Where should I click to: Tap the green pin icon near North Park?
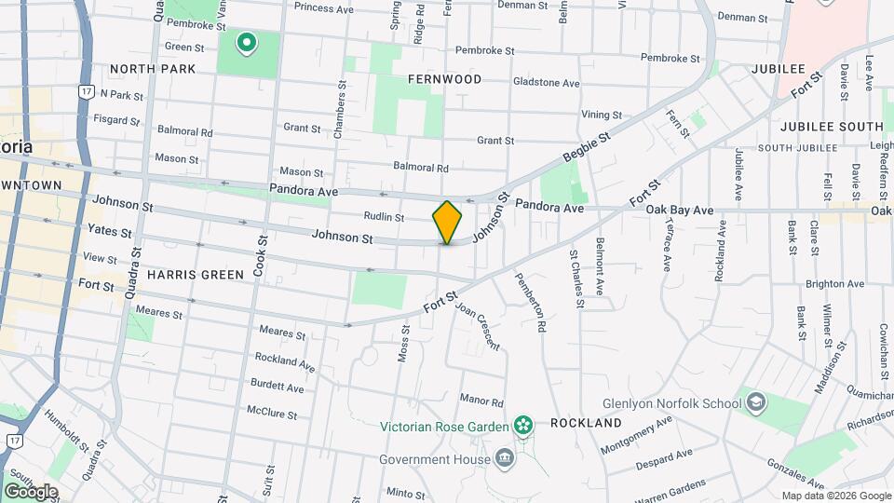247,42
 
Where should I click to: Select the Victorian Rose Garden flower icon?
523,426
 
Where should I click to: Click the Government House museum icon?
504,458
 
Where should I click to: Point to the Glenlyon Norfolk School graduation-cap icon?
756,402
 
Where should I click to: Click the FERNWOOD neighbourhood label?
445,80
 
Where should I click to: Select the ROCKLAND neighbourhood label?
586,423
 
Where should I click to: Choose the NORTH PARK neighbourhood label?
153,69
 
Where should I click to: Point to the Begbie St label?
586,149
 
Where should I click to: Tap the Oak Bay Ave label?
680,211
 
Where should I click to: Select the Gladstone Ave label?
546,83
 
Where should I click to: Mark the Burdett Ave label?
277,387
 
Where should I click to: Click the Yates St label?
108,229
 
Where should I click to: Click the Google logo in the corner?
31,492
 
